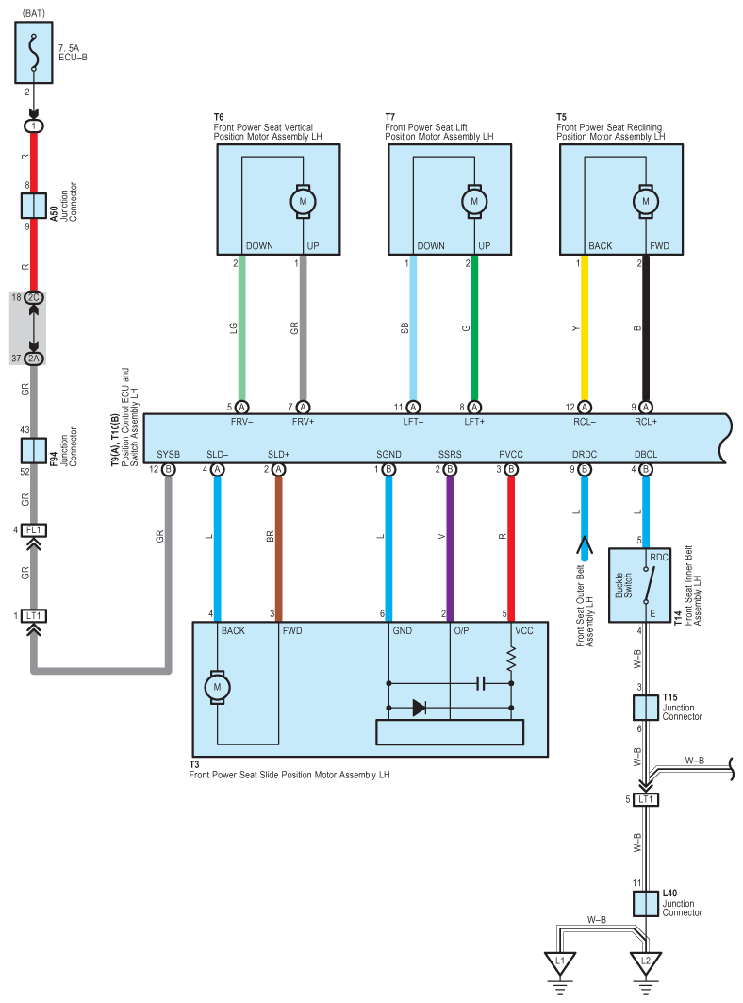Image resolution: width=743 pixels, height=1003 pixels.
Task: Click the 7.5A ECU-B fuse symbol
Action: [34, 53]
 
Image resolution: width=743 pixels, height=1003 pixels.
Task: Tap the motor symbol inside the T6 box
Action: [303, 202]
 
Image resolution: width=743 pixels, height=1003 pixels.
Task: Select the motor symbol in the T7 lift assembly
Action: [474, 202]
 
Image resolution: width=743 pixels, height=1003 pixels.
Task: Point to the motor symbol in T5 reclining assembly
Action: [645, 202]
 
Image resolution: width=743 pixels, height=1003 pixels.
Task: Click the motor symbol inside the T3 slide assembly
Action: [218, 688]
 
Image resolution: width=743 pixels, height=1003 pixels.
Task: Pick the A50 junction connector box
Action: [34, 206]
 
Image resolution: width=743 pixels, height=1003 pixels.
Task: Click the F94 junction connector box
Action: [34, 451]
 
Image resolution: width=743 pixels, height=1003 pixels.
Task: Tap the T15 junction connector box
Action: [646, 708]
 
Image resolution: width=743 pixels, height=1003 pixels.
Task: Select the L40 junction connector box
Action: [646, 904]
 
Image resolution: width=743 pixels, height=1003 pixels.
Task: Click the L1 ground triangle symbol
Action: [560, 962]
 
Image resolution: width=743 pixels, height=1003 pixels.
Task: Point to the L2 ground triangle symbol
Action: [646, 962]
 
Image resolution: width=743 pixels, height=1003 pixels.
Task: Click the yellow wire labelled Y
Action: [585, 328]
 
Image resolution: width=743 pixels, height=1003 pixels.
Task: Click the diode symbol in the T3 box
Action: [420, 708]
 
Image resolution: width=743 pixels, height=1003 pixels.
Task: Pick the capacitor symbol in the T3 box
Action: [481, 684]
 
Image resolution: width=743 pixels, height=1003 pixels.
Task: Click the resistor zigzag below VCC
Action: [511, 658]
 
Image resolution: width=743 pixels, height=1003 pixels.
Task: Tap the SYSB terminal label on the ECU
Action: [168, 454]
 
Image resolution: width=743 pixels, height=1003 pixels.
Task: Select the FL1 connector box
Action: [34, 530]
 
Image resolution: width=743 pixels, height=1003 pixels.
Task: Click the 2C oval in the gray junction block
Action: [34, 297]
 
